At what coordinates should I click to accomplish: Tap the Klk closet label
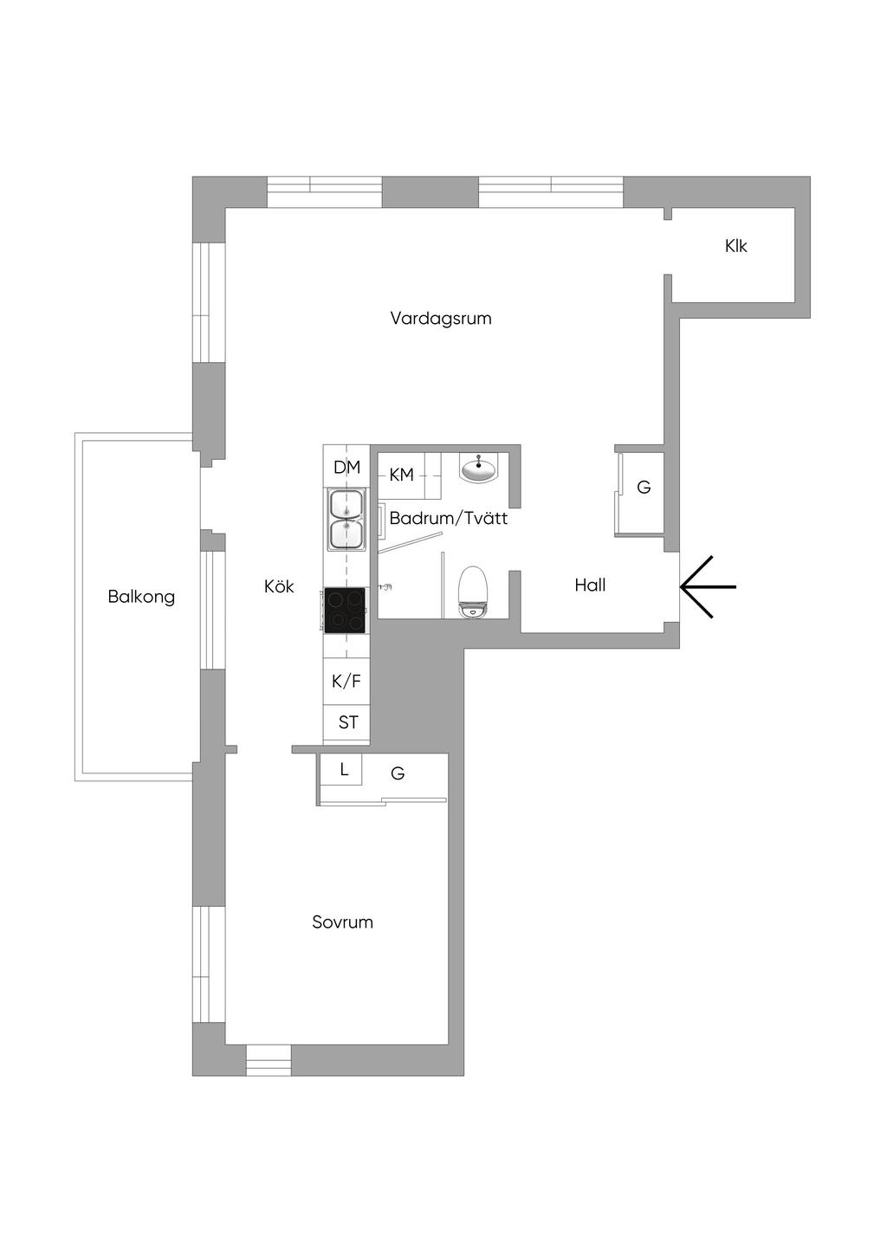pyautogui.click(x=735, y=246)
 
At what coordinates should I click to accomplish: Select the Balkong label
pyautogui.click(x=141, y=598)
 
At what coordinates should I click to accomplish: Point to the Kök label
pyautogui.click(x=279, y=586)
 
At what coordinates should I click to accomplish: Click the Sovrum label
pyautogui.click(x=342, y=922)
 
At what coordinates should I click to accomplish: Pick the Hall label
pyautogui.click(x=590, y=585)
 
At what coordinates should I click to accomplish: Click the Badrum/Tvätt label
pyautogui.click(x=448, y=518)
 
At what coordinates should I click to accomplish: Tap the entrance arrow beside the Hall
pyautogui.click(x=708, y=586)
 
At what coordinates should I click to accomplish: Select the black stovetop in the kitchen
pyautogui.click(x=345, y=610)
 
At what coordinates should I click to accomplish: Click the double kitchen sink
pyautogui.click(x=346, y=519)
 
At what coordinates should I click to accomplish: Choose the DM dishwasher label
pyautogui.click(x=346, y=467)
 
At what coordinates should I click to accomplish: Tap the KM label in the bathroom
pyautogui.click(x=402, y=475)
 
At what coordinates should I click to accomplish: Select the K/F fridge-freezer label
pyautogui.click(x=346, y=682)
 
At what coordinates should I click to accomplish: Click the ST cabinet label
pyautogui.click(x=348, y=722)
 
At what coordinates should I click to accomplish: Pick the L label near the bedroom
pyautogui.click(x=344, y=769)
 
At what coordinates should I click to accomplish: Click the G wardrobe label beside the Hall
pyautogui.click(x=644, y=488)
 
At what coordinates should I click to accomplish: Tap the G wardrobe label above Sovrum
pyautogui.click(x=398, y=773)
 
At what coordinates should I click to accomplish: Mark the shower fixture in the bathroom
pyautogui.click(x=385, y=586)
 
